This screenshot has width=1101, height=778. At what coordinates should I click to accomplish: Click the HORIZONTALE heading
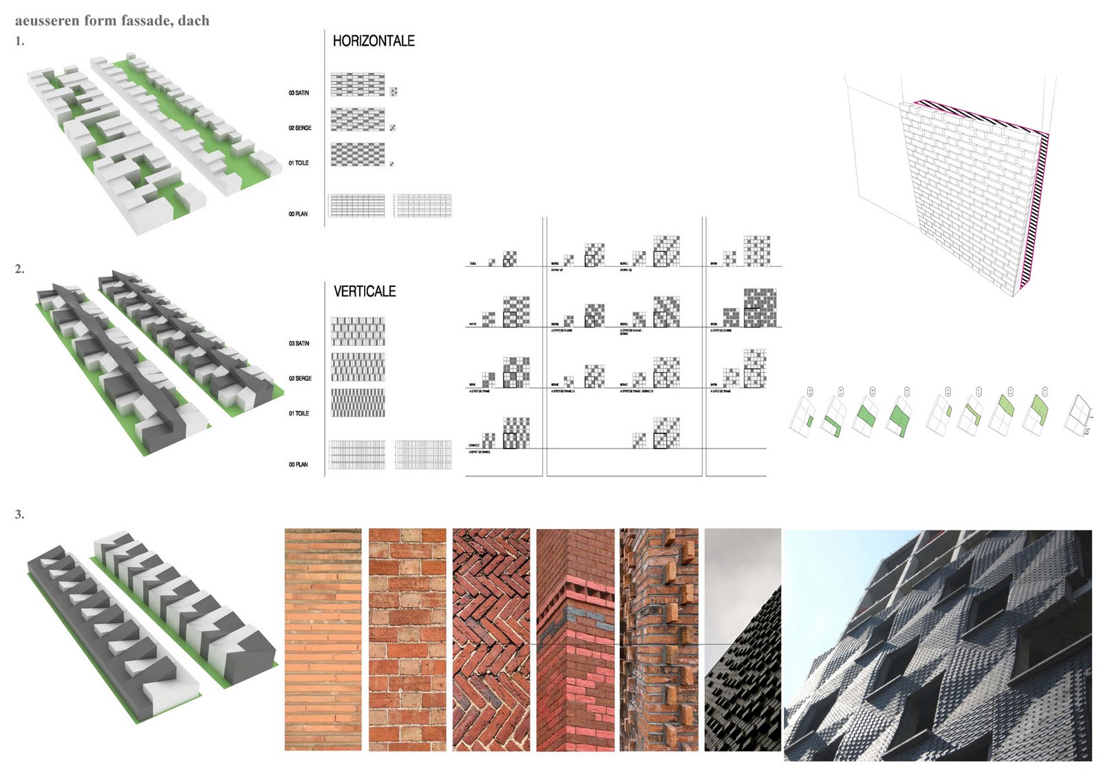point(374,41)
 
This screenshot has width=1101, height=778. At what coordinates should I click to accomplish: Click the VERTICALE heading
point(365,292)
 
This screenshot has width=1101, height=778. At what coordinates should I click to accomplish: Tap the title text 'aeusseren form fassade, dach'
point(112,21)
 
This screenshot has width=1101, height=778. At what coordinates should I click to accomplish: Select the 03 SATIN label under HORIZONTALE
point(299,93)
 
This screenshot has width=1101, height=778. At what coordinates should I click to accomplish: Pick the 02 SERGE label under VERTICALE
point(300,378)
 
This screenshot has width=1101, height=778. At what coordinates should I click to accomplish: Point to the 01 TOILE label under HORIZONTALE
point(299,163)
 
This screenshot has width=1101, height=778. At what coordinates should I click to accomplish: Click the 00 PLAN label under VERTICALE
point(298,465)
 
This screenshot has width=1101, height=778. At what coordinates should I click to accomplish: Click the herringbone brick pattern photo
point(491,640)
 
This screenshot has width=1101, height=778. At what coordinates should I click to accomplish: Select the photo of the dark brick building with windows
point(937,645)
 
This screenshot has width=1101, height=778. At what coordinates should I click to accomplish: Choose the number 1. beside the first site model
point(20,41)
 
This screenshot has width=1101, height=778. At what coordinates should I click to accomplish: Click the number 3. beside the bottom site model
point(20,515)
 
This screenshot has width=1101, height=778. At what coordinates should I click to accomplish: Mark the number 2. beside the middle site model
point(20,270)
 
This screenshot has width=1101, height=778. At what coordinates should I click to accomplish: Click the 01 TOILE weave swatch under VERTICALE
point(358,403)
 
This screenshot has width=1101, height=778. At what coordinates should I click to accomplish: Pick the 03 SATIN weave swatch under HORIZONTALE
point(358,84)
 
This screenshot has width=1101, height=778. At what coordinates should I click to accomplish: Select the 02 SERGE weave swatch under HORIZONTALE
point(358,120)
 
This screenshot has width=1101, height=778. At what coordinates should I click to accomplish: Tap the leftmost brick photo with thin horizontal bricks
point(323,640)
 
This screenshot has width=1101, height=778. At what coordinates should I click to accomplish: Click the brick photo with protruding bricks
point(659,640)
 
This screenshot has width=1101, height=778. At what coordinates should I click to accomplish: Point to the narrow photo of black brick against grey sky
point(742,640)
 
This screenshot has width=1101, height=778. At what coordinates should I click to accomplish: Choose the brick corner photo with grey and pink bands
point(575,640)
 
